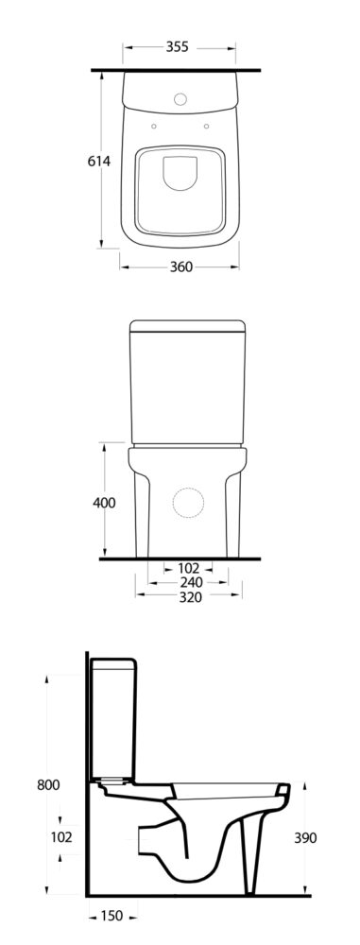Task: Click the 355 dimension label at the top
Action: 178,47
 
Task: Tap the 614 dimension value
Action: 99,162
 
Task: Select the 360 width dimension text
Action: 180,267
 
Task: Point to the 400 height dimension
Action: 104,503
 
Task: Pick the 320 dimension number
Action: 190,597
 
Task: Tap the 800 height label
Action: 47,785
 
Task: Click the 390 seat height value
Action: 304,838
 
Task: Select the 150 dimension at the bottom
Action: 111,917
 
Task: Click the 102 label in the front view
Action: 189,568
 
